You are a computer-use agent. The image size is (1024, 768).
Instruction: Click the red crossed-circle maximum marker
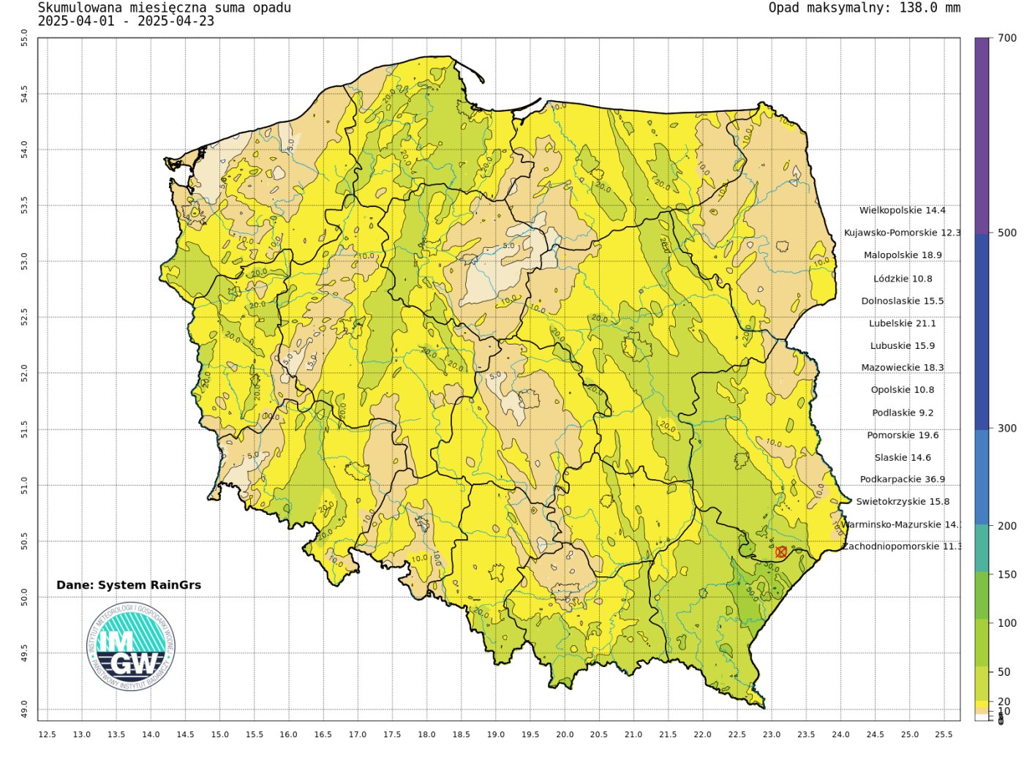[x=781, y=551]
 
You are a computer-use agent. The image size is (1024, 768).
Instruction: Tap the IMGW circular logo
[x=132, y=647]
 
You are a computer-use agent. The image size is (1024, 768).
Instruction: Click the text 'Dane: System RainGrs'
[x=129, y=585]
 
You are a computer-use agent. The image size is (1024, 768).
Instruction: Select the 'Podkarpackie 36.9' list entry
[x=903, y=480]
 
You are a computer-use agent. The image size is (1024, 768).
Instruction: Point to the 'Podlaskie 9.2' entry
[x=903, y=413]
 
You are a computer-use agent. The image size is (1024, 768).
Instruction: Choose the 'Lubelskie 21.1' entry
[x=903, y=323]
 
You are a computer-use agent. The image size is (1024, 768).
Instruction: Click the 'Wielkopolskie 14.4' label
[x=903, y=211]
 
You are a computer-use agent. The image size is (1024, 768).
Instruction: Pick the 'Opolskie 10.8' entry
[x=903, y=390]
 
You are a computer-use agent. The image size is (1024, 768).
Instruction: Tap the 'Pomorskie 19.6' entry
[x=903, y=435]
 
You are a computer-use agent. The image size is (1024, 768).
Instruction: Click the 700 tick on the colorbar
[x=1007, y=38]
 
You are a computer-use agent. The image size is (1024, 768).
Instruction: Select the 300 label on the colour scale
[x=1007, y=429]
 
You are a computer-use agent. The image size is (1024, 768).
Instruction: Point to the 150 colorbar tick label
[x=1007, y=575]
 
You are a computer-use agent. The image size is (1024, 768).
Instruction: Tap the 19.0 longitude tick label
[x=496, y=734]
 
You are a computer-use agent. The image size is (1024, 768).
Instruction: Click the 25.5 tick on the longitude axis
[x=944, y=734]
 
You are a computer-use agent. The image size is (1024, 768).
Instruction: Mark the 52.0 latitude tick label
[x=24, y=373]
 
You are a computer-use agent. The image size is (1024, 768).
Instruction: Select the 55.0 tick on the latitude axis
[x=24, y=38]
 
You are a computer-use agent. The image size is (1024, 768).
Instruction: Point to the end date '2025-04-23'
[x=176, y=21]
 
